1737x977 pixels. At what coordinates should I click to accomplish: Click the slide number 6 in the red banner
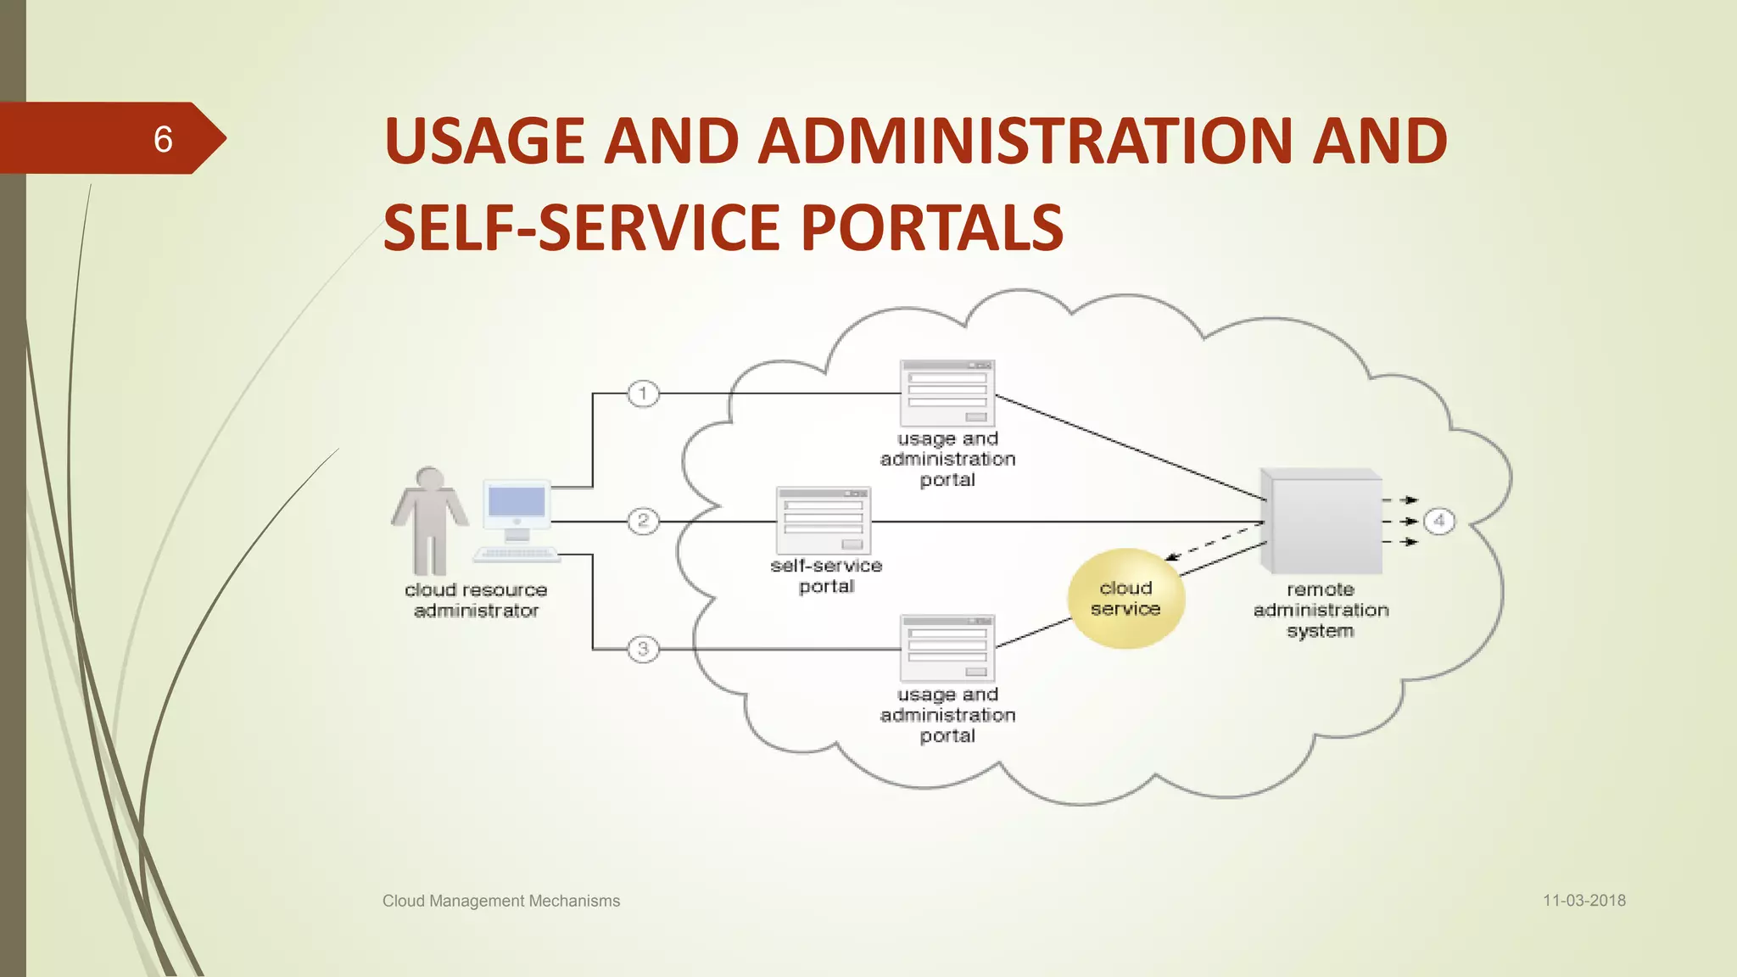pos(163,139)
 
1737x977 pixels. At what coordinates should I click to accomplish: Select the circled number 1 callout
pos(643,394)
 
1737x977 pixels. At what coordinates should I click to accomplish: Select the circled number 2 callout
pos(643,521)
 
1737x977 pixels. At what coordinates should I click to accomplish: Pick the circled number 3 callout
pos(643,649)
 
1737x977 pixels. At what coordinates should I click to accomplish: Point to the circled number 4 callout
pos(1438,521)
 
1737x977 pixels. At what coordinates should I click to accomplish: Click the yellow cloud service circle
pos(1125,599)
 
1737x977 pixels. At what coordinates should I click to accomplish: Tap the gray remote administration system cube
pos(1321,521)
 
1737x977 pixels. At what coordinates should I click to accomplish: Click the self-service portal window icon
pos(824,521)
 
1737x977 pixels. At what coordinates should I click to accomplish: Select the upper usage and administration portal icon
pos(947,394)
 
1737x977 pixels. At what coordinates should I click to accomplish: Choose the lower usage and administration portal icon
pos(947,649)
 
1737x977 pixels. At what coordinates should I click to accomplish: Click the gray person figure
pos(430,521)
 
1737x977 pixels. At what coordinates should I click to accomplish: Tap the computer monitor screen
pos(517,503)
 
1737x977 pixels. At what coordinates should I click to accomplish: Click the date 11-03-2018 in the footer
pos(1583,901)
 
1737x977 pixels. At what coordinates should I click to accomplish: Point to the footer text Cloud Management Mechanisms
pos(501,901)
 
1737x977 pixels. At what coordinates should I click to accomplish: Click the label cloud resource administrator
pos(476,600)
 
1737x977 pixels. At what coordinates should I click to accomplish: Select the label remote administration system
pos(1321,610)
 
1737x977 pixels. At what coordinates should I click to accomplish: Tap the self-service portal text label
pos(826,576)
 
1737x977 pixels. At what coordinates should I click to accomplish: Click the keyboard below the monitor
pos(517,555)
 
